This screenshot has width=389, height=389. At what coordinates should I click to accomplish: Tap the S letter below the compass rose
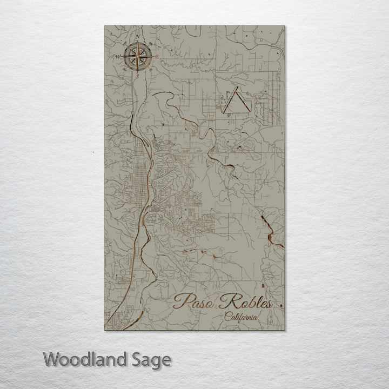(x=137, y=76)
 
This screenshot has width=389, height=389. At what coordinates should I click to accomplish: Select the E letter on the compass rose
(x=157, y=56)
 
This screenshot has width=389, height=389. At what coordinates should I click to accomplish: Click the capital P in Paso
(x=180, y=301)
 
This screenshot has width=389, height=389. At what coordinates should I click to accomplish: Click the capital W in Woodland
(x=52, y=359)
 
